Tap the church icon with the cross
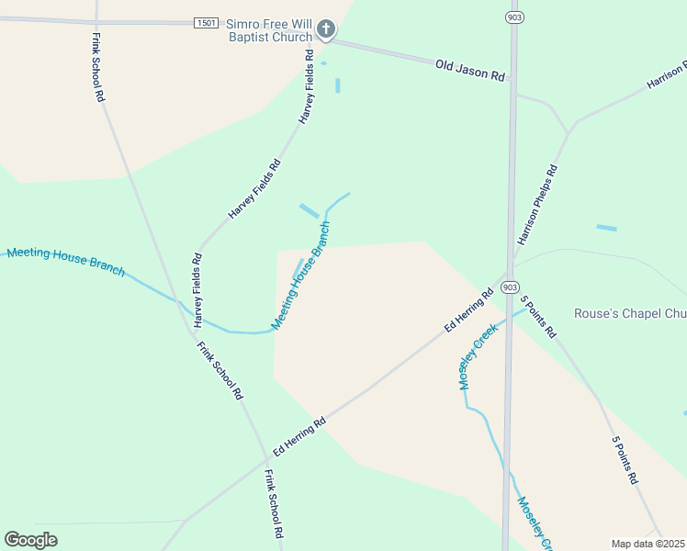pyautogui.click(x=326, y=30)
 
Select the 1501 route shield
pyautogui.click(x=206, y=23)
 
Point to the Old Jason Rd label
pyautogui.click(x=470, y=70)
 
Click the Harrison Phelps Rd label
pyautogui.click(x=537, y=205)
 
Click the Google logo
pyautogui.click(x=31, y=540)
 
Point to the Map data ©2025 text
pyautogui.click(x=648, y=544)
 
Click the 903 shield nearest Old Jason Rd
pyautogui.click(x=513, y=17)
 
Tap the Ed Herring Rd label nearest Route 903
pyautogui.click(x=469, y=311)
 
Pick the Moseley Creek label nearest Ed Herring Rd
pyautogui.click(x=478, y=355)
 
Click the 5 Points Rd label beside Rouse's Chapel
pyautogui.click(x=537, y=317)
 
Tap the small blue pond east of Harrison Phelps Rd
pyautogui.click(x=606, y=227)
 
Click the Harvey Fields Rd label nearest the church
pyautogui.click(x=306, y=86)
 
